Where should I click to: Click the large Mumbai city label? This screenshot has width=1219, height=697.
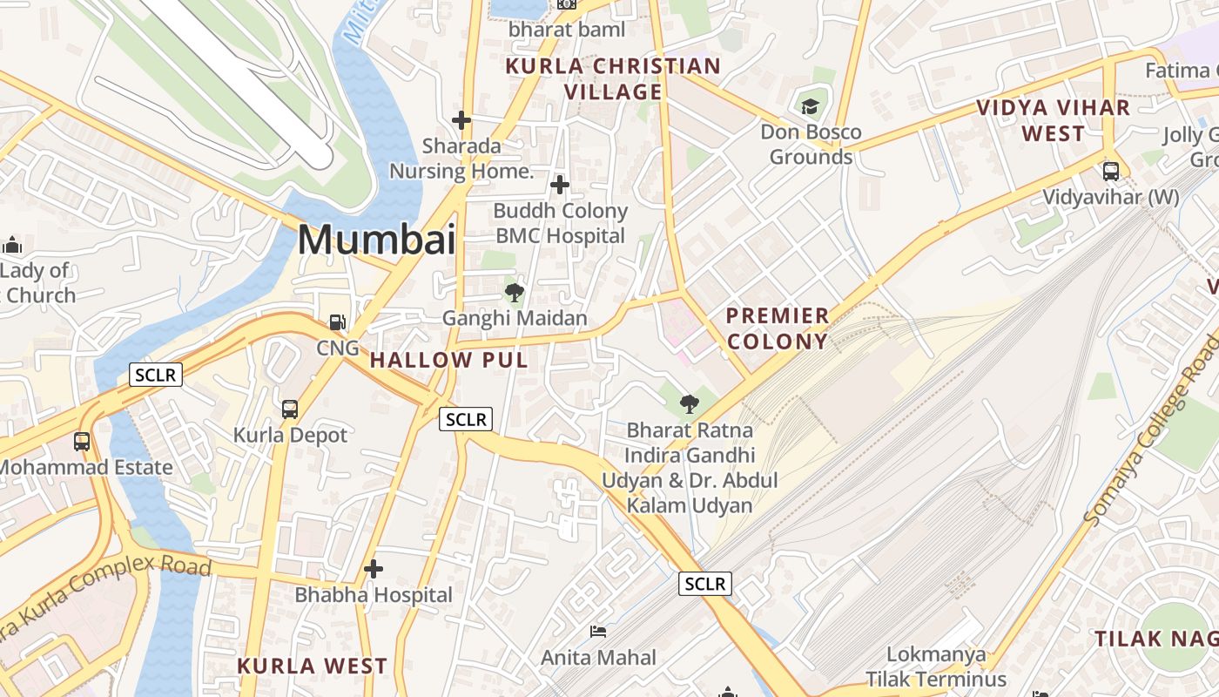[x=376, y=239]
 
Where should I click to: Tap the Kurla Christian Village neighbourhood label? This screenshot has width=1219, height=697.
[x=613, y=78]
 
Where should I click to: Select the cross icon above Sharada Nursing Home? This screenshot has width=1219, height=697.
[x=461, y=120]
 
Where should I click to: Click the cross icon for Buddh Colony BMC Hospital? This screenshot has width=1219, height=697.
[x=560, y=185]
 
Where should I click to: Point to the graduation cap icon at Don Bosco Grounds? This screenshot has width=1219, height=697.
[x=811, y=107]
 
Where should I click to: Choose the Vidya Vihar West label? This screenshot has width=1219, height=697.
[x=1053, y=120]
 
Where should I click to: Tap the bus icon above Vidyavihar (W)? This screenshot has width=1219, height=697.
[x=1111, y=171]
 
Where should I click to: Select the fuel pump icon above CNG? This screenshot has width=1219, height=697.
[x=338, y=322]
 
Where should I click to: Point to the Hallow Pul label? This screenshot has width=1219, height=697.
[x=449, y=360]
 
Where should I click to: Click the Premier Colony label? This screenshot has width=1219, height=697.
[x=777, y=328]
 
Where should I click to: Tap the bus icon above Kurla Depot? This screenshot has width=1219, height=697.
[x=290, y=409]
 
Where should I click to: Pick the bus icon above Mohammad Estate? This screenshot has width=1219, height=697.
[x=82, y=442]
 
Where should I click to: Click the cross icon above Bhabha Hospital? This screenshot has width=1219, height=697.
[x=374, y=570]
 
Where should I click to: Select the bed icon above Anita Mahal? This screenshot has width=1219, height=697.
[x=598, y=631]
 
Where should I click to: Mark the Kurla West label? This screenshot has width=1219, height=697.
[x=313, y=666]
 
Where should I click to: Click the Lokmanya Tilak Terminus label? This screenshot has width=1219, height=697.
[x=936, y=667]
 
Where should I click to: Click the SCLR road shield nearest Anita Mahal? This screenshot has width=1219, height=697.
[x=705, y=584]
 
